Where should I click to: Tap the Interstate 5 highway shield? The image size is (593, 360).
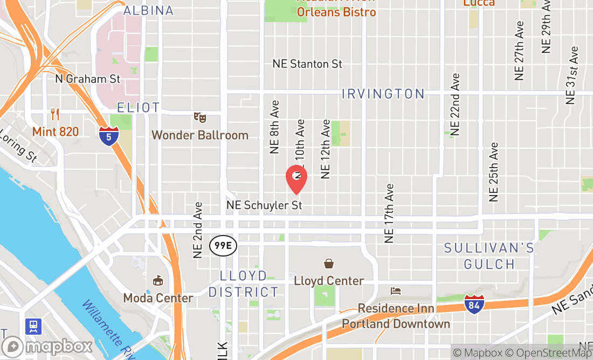point(109,135)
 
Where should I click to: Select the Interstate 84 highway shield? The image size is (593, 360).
point(474,304)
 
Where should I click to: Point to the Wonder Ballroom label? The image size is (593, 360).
point(200,135)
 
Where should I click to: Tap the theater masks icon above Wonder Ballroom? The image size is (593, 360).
point(200,116)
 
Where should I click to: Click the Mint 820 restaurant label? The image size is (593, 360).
point(55,131)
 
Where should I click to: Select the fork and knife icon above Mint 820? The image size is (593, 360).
point(54,114)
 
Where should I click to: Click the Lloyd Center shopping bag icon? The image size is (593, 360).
point(328,264)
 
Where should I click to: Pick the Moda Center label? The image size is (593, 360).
point(158,298)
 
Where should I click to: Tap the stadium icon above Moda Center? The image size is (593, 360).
point(158,280)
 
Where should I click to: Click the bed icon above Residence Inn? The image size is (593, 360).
point(396,291)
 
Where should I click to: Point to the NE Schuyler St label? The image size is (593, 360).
point(264,205)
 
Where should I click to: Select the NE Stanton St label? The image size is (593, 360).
point(307,64)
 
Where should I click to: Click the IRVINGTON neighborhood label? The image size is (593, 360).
point(383,94)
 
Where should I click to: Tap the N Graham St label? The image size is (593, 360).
point(88,79)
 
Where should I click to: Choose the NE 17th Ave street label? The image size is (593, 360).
point(389,212)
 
